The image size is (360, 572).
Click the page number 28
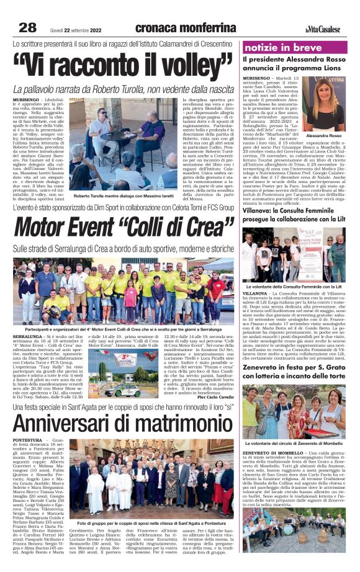[x=27, y=27]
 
